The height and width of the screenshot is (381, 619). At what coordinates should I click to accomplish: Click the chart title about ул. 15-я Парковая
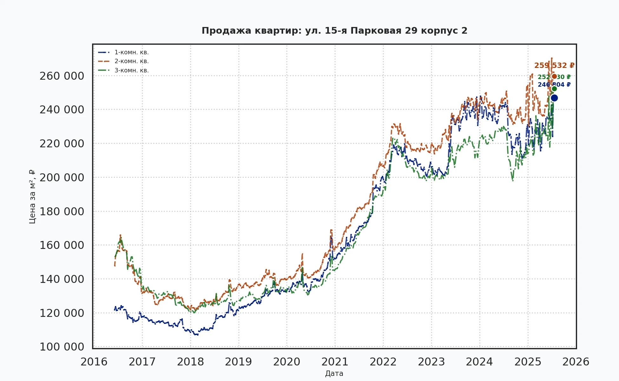coord(334,31)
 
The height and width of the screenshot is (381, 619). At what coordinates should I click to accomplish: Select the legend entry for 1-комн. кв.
coord(131,52)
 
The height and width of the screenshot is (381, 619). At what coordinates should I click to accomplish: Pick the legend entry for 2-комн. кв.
coord(131,61)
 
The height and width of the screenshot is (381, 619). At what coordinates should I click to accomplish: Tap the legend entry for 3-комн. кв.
coord(131,70)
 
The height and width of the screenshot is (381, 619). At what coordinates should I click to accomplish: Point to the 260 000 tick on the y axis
coord(62,76)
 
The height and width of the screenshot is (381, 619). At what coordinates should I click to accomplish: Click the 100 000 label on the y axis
coord(62,347)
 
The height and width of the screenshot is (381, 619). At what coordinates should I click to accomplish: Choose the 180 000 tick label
coord(62,211)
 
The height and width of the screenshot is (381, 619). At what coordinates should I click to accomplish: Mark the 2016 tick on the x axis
coord(94,362)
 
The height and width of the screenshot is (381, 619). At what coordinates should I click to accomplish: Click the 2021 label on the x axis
coord(335,362)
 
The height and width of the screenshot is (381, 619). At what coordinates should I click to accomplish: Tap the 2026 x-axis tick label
coord(576,362)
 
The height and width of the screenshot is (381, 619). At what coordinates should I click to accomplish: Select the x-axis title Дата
coord(334,374)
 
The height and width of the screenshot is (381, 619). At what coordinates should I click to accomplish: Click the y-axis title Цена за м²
coord(32,197)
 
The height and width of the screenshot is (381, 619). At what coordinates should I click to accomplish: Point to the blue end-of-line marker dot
coord(554,98)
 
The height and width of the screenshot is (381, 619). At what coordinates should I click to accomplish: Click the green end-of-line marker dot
coord(554,89)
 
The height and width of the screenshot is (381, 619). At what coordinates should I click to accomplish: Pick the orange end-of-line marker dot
coord(554,77)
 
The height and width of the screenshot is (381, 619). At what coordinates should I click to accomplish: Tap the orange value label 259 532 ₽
coord(554,66)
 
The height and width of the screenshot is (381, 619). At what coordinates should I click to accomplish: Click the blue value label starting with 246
coord(554,85)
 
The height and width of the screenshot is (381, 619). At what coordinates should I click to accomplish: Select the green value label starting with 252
coord(554,77)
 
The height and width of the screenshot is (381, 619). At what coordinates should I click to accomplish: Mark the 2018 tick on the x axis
coord(190,362)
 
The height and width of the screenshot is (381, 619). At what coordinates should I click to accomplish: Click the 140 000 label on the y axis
coord(62,279)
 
